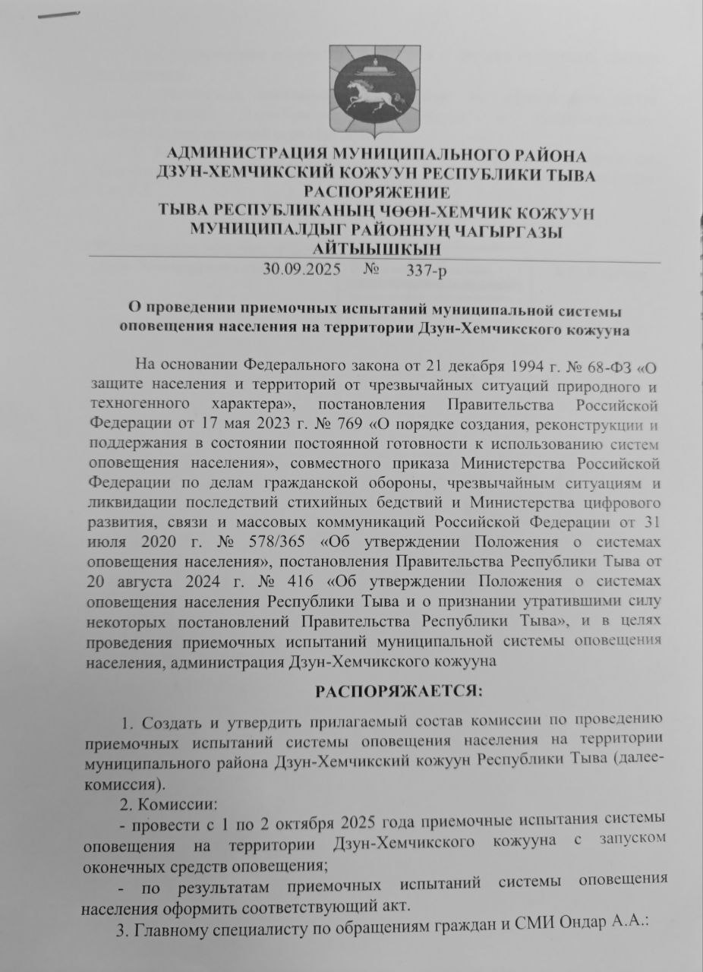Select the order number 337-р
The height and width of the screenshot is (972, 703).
tap(428, 270)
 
